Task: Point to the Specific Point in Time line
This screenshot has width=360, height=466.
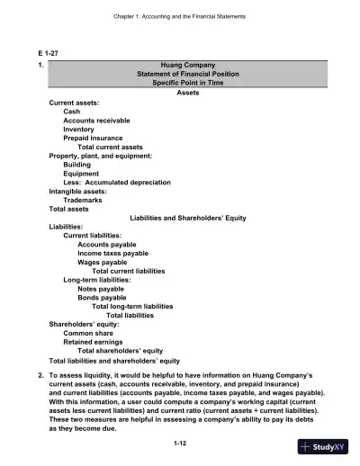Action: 188,84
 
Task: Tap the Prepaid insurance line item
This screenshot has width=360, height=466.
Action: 94,138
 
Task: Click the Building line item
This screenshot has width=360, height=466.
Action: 78,165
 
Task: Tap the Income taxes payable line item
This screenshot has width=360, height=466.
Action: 113,253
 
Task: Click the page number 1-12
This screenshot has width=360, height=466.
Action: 179,444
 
